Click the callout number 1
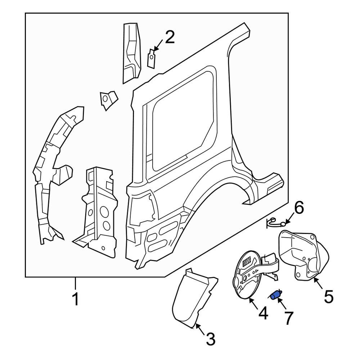[75, 300]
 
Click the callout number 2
[169, 37]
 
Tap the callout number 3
[210, 339]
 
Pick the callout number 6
[299, 208]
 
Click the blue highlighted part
[276, 296]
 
